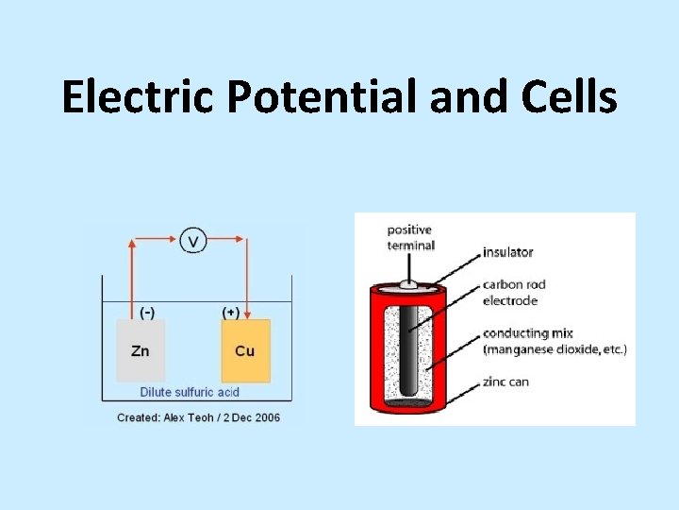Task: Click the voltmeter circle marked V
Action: pos(192,242)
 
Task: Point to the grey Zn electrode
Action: pos(141,350)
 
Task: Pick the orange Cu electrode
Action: pos(245,350)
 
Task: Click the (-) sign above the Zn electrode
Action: pos(147,311)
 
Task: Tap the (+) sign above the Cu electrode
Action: pos(229,311)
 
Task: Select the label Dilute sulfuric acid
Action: pos(190,392)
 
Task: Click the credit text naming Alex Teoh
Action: pos(198,416)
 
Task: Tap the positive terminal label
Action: pos(410,238)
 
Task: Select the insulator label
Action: pos(507,252)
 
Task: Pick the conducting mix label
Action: pos(527,332)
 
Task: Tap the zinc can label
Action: pos(505,382)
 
